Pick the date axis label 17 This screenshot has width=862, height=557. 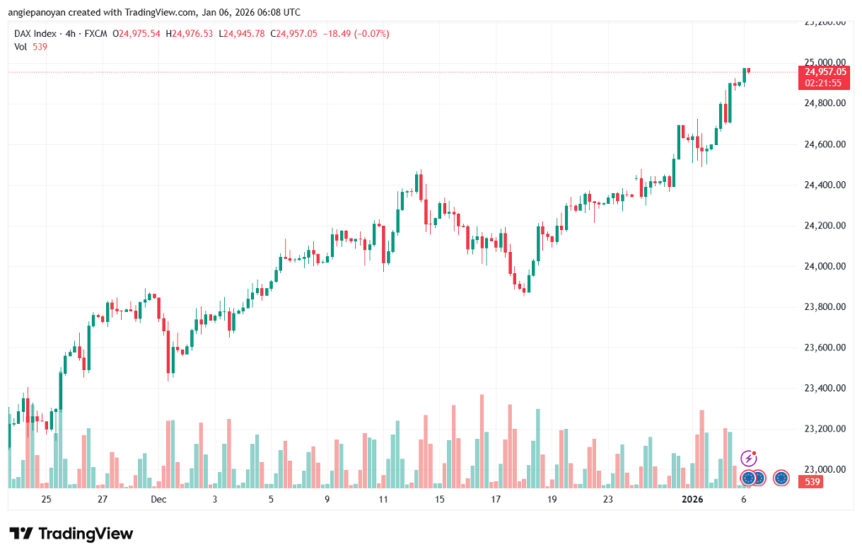click(496, 500)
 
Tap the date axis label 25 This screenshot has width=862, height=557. click(45, 500)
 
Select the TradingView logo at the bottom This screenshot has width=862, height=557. click(72, 533)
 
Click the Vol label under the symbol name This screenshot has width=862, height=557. click(21, 46)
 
